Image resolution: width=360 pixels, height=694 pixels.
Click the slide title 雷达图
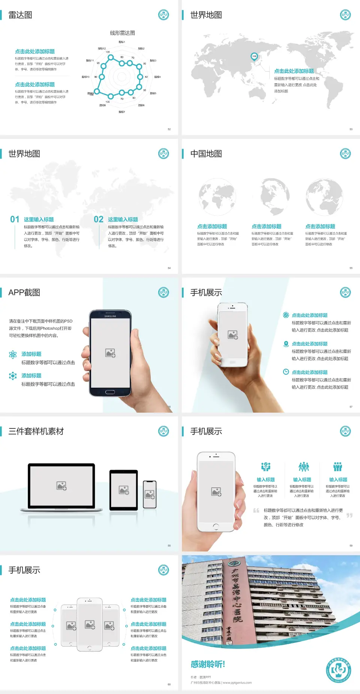tap(20, 15)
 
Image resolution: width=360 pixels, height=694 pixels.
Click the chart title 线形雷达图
tap(122, 33)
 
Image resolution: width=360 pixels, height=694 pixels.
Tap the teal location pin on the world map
tap(254, 57)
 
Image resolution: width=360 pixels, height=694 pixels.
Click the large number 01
tap(15, 219)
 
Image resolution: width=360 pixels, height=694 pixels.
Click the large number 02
tap(99, 219)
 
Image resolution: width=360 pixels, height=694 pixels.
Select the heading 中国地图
tap(206, 154)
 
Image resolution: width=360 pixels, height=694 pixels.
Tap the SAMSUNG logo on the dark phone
tap(110, 316)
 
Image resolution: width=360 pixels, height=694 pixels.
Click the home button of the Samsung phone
tap(110, 392)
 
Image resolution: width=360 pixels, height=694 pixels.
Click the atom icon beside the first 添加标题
tap(13, 355)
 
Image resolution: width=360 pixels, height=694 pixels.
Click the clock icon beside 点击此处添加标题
tap(286, 372)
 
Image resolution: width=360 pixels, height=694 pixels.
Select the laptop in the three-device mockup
tap(61, 487)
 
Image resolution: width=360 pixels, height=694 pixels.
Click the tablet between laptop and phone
tap(124, 490)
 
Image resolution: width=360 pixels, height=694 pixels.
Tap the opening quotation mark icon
tap(256, 511)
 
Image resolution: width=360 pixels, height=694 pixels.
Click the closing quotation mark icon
tap(349, 515)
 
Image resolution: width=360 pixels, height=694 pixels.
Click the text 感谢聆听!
tap(207, 664)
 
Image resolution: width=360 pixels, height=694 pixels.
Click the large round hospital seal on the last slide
tap(339, 670)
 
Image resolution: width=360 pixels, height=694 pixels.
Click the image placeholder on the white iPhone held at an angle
tap(232, 335)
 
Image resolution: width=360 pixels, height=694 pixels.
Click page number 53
tap(351, 129)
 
